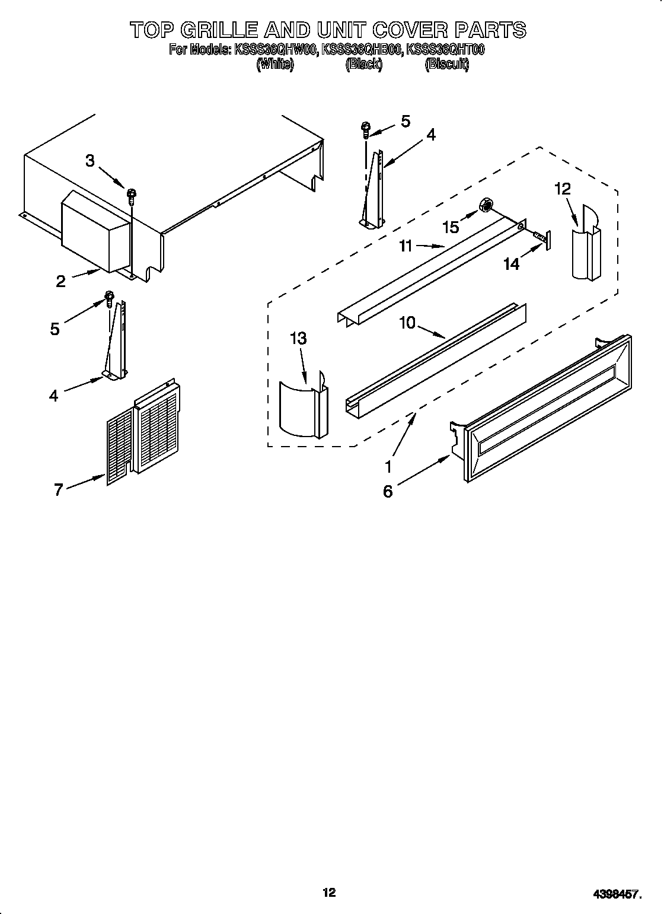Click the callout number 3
[x=90, y=160]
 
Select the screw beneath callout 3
[x=132, y=194]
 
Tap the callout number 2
[x=60, y=282]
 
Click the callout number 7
[x=58, y=490]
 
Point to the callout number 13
[x=298, y=339]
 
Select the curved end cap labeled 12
[x=586, y=243]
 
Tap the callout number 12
[x=562, y=189]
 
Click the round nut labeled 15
[x=486, y=206]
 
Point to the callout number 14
[x=511, y=264]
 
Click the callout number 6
[x=388, y=491]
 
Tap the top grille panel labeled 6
[x=545, y=409]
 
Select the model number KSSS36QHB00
[x=362, y=50]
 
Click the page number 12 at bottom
[x=329, y=875]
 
